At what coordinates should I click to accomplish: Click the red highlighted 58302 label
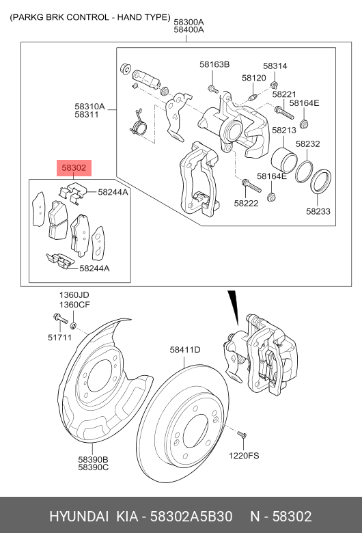coord(73,167)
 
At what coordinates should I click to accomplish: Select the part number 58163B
coord(214,64)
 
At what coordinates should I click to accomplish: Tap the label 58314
coord(275,66)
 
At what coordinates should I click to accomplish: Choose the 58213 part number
coord(283,130)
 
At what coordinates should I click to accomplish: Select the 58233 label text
coord(318,212)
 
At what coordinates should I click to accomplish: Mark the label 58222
coord(246,203)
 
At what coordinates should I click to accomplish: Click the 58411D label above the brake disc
coord(184,350)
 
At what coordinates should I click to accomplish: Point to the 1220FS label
coord(244,455)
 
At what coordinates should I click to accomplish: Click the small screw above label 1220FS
coord(241,435)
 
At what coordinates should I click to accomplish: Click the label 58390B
coord(93,459)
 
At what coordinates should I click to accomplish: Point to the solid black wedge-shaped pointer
coord(234,304)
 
